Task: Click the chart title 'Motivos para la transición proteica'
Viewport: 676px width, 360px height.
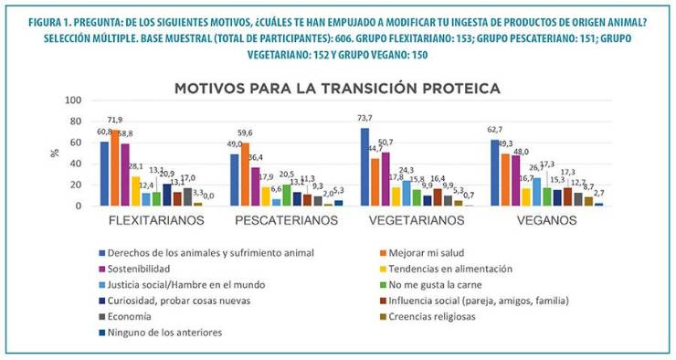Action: pyautogui.click(x=337, y=89)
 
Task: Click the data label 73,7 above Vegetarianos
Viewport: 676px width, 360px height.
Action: pyautogui.click(x=364, y=118)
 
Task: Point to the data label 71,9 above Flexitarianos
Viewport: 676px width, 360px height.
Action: pyautogui.click(x=116, y=121)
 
